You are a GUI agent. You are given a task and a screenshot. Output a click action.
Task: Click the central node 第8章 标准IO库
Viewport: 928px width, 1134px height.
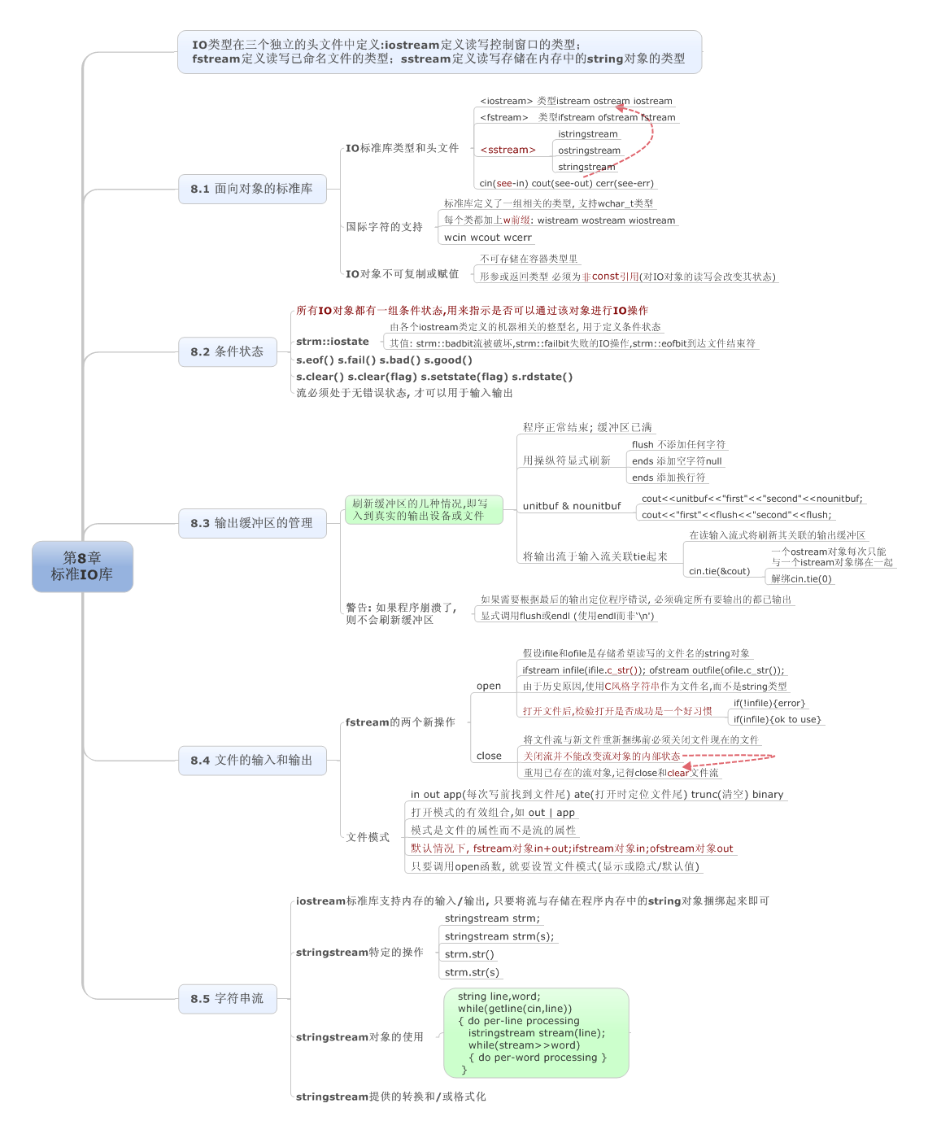pos(82,565)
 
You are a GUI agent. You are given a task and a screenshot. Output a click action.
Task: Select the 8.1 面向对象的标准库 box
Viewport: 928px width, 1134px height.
pos(251,189)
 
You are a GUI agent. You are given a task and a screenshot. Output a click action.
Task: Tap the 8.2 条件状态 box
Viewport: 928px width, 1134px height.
pos(228,351)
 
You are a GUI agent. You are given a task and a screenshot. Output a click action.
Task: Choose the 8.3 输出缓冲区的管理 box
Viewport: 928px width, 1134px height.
pos(251,522)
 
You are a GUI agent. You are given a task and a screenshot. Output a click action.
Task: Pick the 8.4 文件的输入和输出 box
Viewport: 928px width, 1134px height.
pos(251,760)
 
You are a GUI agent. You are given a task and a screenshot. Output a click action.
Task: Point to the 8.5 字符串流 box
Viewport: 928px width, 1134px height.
pos(228,998)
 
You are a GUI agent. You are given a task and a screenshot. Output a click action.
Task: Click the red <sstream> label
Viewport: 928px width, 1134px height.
pos(508,150)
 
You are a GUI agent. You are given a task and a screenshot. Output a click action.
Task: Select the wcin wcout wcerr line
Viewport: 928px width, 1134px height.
pos(487,237)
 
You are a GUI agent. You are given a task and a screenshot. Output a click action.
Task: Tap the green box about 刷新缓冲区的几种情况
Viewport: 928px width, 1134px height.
pos(424,509)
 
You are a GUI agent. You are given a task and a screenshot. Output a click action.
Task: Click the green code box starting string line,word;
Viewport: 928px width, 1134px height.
pos(535,1032)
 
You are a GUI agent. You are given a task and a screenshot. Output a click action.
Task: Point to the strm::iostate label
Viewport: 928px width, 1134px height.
pos(333,342)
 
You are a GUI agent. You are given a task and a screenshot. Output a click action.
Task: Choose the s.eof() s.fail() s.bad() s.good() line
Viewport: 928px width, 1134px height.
pos(384,360)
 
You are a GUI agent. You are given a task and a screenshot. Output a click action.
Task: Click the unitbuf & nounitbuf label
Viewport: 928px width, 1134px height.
pos(571,505)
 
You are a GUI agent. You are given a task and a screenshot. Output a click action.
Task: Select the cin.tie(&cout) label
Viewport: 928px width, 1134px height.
pos(719,570)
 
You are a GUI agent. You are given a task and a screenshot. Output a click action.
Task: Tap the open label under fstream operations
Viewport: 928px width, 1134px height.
pos(488,686)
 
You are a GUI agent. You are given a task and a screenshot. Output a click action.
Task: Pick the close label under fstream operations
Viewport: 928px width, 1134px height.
pos(488,756)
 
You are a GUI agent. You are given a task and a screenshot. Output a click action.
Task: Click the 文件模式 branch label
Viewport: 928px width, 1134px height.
pos(368,836)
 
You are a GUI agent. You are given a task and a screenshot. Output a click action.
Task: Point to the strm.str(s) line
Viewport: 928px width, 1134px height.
pos(472,971)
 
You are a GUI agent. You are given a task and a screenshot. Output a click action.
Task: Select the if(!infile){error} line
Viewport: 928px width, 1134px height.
pos(769,703)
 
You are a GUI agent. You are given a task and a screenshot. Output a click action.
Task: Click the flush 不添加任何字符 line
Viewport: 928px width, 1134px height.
pos(678,444)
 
